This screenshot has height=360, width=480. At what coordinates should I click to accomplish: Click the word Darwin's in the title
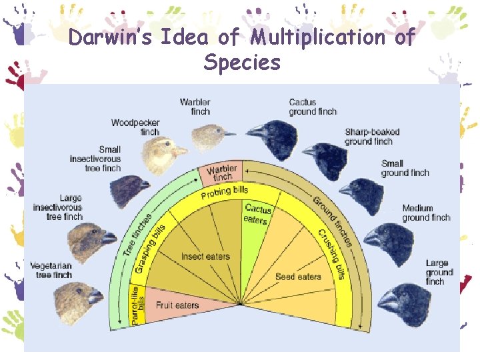114,37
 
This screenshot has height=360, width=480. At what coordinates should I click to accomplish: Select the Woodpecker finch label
135,127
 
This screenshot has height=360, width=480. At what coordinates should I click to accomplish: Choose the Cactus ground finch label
313,107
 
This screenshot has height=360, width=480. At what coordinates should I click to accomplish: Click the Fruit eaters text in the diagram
177,305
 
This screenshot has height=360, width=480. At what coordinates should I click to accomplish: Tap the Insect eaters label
205,257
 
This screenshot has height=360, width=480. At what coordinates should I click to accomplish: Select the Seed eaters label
298,277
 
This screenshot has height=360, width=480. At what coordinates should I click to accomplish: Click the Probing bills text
224,193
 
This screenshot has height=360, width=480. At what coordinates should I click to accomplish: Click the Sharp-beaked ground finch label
369,137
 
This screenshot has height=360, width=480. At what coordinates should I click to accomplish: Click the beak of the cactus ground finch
255,131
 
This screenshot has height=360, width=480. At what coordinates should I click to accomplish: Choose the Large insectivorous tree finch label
58,207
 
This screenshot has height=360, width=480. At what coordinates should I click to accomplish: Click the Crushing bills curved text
332,254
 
